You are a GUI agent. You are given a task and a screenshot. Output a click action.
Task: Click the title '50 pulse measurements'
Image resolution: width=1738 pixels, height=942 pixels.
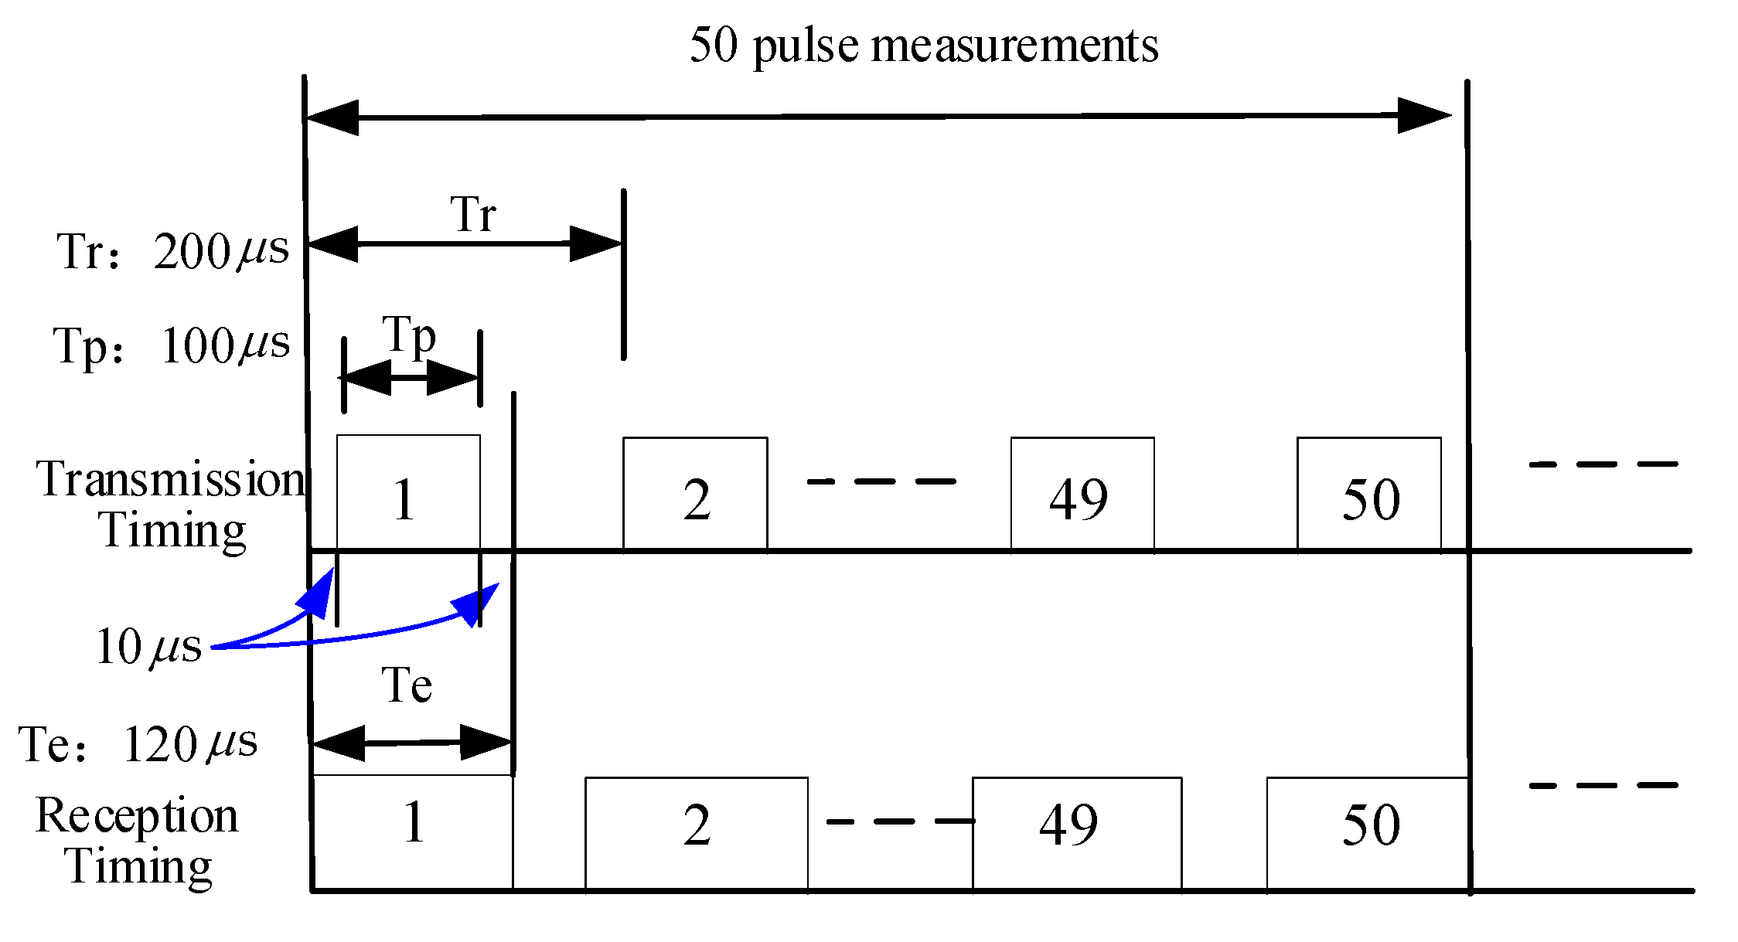pos(923,46)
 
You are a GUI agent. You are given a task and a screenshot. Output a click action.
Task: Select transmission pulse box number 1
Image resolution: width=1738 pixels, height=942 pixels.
pos(408,493)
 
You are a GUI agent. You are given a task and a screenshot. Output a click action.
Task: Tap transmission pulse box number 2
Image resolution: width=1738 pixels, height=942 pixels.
pos(695,495)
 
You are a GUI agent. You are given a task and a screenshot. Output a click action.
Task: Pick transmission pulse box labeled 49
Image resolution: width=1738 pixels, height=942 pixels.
pos(1082,495)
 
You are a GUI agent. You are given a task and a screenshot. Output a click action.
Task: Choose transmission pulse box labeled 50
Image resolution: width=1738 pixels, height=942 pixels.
pos(1368,495)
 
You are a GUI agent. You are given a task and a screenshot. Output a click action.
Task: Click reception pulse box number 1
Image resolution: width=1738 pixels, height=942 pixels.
pos(413,831)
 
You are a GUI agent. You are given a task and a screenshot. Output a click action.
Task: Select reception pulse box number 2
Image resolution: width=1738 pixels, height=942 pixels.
pos(696,833)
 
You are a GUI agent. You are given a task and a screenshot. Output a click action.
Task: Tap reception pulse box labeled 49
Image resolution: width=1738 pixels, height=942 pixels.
pos(1076,833)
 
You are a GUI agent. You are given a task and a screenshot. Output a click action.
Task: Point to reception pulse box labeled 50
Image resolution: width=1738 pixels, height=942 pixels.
pos(1367,833)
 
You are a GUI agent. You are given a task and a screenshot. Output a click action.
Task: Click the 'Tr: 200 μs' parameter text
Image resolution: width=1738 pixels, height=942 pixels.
pos(172,251)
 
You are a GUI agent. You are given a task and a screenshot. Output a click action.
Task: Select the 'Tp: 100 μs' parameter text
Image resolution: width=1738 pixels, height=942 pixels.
pos(172,345)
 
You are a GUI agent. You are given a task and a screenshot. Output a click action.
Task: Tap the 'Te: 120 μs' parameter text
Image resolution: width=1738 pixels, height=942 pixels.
pos(138,744)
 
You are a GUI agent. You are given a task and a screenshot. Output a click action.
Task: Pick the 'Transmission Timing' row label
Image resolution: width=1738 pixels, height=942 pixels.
pos(172,504)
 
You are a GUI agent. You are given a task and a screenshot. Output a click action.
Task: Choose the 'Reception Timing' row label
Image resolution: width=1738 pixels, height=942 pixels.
pos(138,840)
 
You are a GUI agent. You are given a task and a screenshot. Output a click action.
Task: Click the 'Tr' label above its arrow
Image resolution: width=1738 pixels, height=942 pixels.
pos(472,214)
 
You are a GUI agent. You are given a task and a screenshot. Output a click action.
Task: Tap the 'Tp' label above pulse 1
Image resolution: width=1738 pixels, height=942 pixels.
pos(409,337)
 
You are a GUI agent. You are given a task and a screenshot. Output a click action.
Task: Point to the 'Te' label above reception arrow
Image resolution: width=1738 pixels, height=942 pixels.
pos(407,685)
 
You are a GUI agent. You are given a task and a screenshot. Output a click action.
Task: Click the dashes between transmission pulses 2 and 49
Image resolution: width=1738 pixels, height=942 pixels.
pos(881,481)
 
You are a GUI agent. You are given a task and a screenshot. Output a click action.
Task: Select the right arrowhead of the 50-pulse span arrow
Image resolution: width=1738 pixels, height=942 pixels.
pos(1424,116)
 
